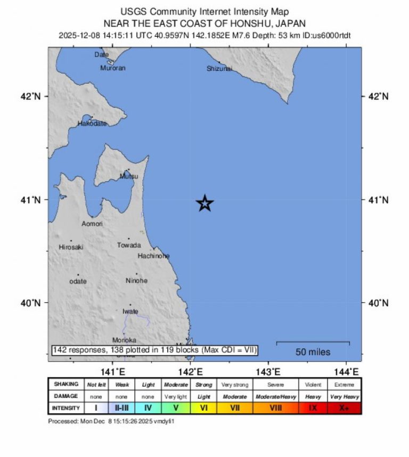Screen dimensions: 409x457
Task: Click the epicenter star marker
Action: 205,203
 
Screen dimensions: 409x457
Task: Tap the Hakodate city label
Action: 92,123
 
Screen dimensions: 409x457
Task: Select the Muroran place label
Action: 113,68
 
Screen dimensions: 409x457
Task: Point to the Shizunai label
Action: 219,68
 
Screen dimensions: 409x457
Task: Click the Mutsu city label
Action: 129,176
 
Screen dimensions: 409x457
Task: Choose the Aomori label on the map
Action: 92,224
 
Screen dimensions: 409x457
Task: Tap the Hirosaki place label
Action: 71,247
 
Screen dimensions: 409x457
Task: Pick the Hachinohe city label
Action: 154,256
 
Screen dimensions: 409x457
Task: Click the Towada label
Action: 129,245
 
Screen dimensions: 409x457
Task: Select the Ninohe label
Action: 137,281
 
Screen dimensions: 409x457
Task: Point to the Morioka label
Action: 124,340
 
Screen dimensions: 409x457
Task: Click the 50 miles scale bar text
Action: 313,352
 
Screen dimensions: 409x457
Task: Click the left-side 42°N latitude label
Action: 31,96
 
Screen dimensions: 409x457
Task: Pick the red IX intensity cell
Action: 313,408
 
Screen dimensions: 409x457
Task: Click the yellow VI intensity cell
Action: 203,408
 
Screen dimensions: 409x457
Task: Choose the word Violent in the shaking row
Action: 313,385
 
